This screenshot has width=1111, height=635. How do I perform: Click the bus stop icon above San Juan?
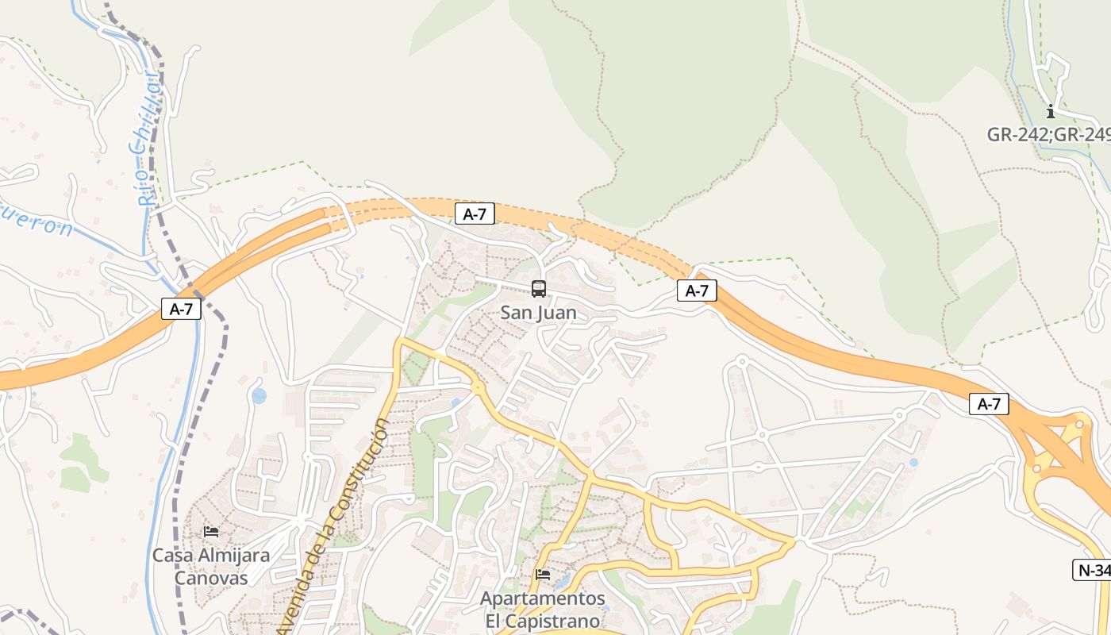pyautogui.click(x=539, y=289)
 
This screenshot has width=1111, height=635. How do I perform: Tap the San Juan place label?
pyautogui.click(x=538, y=313)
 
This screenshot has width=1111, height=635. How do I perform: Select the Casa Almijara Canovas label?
pyautogui.click(x=211, y=566)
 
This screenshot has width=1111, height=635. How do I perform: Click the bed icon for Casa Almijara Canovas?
pyautogui.click(x=211, y=531)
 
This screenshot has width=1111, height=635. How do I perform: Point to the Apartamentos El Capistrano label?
pyautogui.click(x=543, y=608)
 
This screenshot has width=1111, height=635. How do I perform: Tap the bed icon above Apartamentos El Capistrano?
pyautogui.click(x=543, y=574)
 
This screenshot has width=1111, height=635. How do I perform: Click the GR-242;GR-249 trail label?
pyautogui.click(x=1048, y=134)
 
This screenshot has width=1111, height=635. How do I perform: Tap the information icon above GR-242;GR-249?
pyautogui.click(x=1051, y=111)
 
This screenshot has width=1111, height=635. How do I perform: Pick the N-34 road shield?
pyautogui.click(x=1093, y=569)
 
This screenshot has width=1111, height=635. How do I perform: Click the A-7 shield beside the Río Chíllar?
pyautogui.click(x=181, y=309)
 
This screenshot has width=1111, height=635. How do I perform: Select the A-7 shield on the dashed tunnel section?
pyautogui.click(x=475, y=213)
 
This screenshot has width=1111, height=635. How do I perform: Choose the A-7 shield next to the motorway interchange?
pyautogui.click(x=989, y=404)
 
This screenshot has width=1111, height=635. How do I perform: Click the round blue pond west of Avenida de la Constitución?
pyautogui.click(x=259, y=395)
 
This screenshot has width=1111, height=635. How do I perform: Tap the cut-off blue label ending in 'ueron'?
pyautogui.click(x=36, y=221)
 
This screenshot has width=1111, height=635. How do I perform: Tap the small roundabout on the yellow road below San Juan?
pyautogui.click(x=478, y=387)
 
